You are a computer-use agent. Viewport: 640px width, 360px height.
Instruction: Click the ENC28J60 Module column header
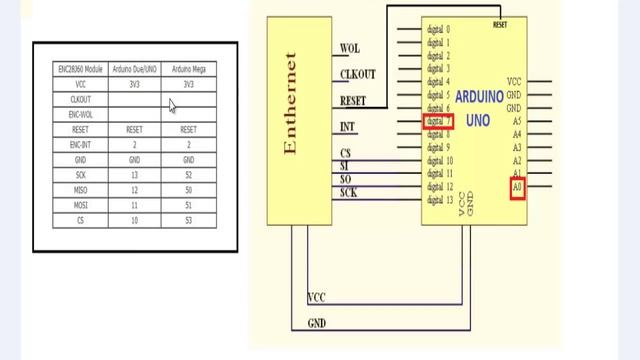(79, 69)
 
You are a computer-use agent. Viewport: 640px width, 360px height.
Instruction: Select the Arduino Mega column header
(188, 69)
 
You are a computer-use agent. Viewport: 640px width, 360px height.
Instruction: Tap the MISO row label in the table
(80, 189)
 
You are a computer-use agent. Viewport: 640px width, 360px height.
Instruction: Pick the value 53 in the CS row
(188, 219)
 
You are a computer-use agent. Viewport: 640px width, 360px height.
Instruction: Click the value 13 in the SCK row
(134, 174)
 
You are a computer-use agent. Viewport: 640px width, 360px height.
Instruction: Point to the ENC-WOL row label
(80, 114)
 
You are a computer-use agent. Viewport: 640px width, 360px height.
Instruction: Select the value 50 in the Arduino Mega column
(188, 189)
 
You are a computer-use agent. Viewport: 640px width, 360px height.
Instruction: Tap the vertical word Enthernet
(291, 104)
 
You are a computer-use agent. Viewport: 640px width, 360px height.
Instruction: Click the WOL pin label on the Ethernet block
(350, 48)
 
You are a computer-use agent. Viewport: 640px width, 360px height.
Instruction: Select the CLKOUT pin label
(357, 74)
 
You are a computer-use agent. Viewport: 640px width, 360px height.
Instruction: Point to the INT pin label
(348, 127)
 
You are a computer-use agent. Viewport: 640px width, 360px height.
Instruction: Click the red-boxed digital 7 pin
(438, 121)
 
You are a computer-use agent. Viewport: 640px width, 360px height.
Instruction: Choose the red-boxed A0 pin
(517, 186)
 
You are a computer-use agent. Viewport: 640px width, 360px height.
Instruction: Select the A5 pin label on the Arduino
(516, 121)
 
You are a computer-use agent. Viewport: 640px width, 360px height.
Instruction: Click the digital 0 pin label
(438, 30)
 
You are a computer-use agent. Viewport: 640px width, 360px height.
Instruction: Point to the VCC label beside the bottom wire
(317, 298)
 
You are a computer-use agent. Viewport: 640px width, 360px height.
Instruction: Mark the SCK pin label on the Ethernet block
(349, 192)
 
